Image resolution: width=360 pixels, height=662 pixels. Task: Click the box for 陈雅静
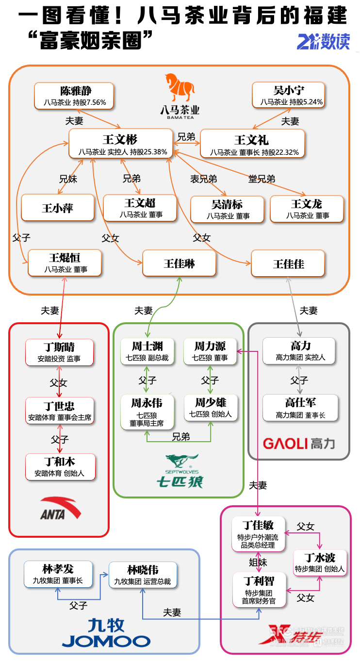point(74,96)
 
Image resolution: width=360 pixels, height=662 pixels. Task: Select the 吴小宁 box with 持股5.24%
point(289,95)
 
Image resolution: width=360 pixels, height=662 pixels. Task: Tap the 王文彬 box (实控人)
point(120,144)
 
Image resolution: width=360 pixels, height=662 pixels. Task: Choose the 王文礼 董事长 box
point(252,144)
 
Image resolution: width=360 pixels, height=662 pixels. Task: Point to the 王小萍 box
point(58,208)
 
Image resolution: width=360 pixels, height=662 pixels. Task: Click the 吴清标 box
point(227,209)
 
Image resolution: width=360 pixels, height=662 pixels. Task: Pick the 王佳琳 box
point(179,264)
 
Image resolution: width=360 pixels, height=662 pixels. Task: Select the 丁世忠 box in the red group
point(60,411)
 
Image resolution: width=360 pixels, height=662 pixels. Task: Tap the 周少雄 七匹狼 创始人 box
point(210,407)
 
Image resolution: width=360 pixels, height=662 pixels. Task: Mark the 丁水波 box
point(320,563)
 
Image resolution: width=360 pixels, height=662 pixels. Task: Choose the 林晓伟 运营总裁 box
point(143,574)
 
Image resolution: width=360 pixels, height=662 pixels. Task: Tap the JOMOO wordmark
point(106,641)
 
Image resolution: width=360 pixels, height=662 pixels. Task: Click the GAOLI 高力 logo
point(298,443)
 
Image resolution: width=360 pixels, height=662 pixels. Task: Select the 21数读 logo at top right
point(323,41)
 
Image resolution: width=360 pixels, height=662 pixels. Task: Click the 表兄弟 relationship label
point(203,179)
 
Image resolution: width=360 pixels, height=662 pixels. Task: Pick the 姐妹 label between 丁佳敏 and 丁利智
point(258,562)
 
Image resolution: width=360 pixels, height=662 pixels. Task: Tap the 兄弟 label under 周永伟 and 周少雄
point(180,437)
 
